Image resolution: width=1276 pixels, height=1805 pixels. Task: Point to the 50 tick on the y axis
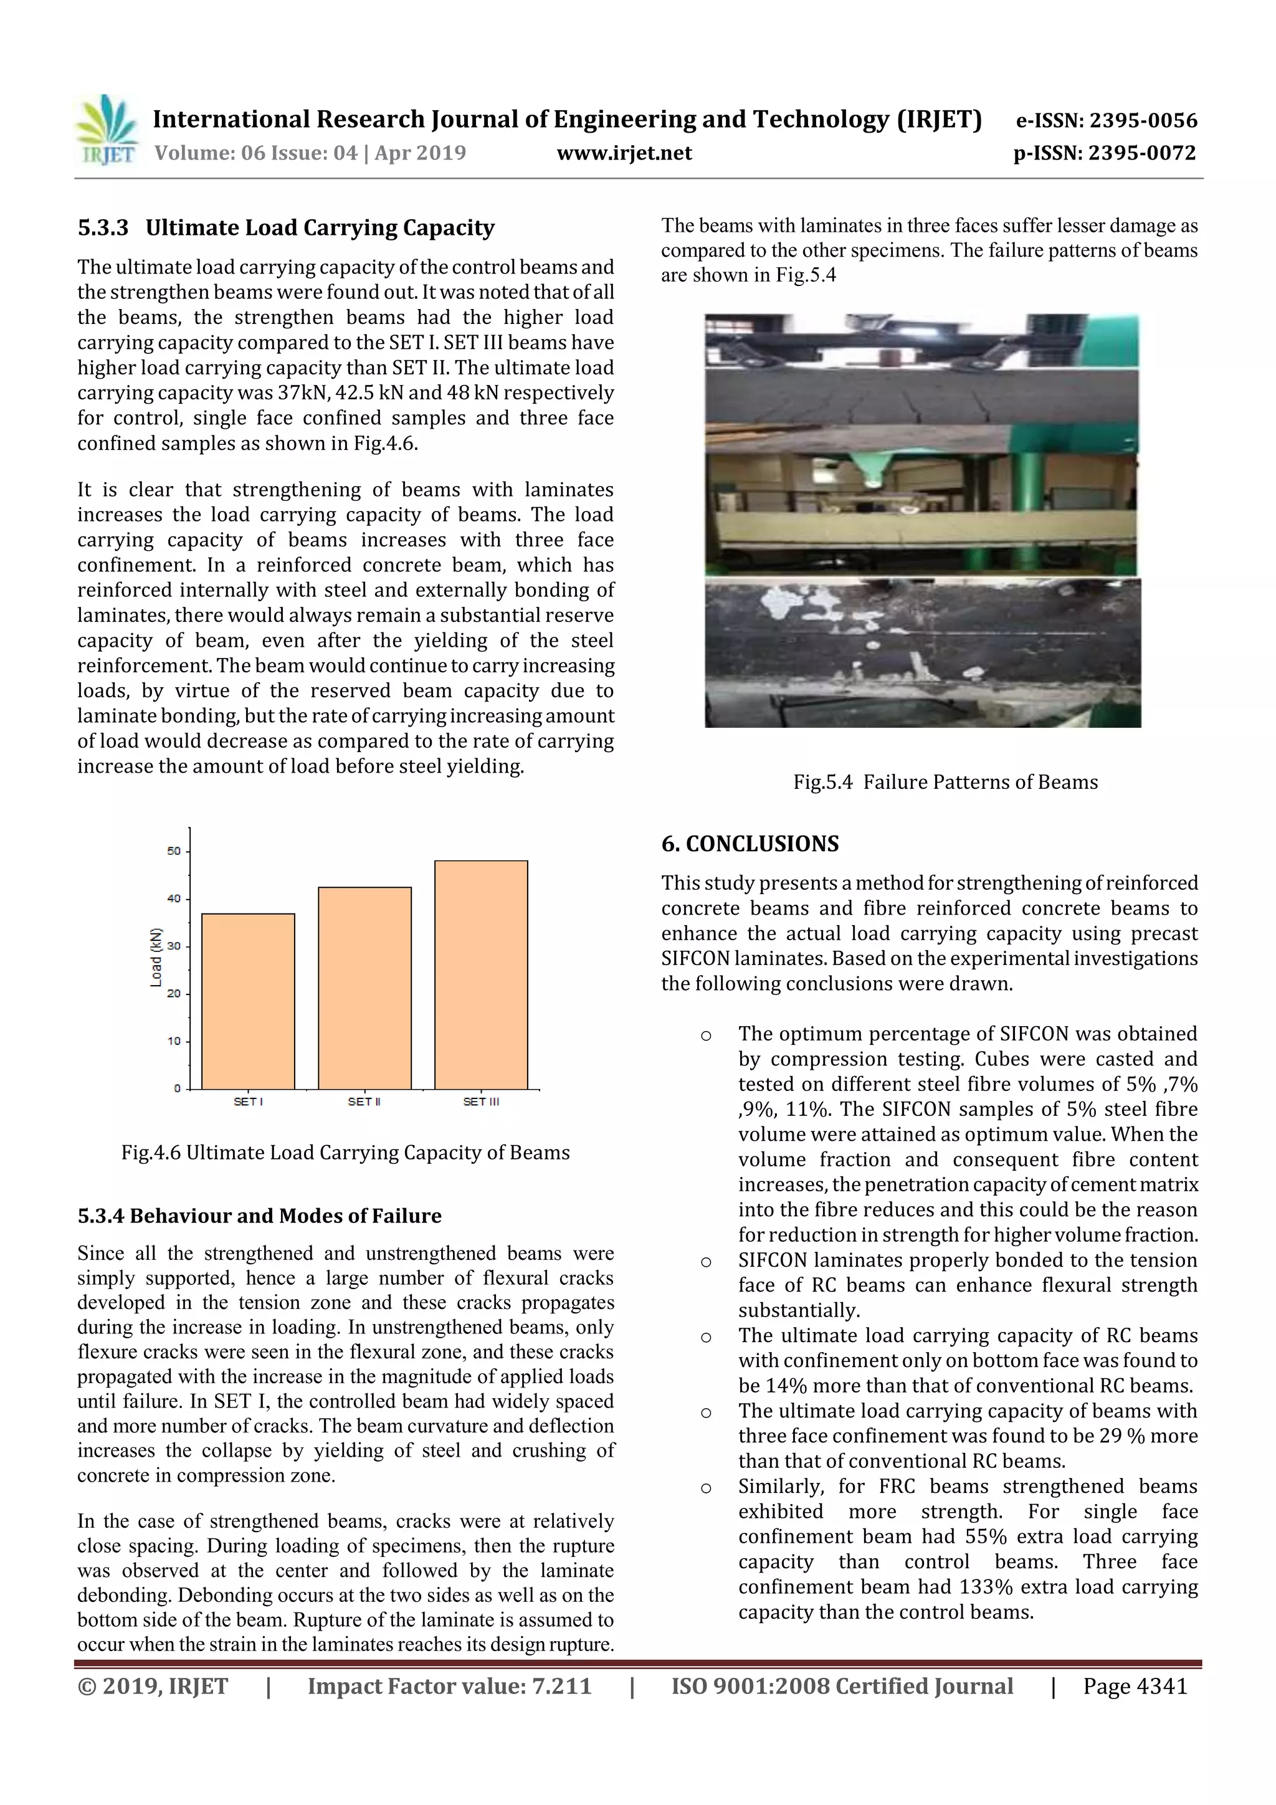tap(174, 850)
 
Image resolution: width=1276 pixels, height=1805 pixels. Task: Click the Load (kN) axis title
tap(156, 957)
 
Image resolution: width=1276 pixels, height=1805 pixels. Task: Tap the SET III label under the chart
tap(480, 1102)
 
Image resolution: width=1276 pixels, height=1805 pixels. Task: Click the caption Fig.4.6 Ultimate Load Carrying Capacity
tap(345, 1153)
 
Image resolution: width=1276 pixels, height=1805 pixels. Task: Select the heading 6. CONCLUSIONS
tap(750, 844)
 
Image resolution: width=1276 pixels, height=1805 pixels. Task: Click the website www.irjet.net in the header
tap(624, 153)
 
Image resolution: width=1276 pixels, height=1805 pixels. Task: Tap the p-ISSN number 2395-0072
tap(1141, 153)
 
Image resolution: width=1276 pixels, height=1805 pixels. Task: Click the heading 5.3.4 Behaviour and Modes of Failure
tap(259, 1216)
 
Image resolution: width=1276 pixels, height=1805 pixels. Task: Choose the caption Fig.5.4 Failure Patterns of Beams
tap(945, 781)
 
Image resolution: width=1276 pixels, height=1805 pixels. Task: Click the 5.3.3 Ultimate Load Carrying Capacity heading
tap(286, 228)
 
